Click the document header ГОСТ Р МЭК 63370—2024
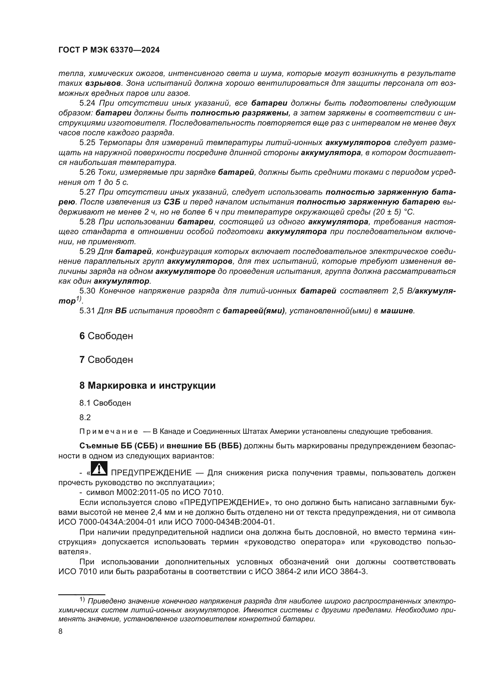[x=109, y=50]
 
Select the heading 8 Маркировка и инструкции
[x=147, y=386]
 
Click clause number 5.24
[x=87, y=103]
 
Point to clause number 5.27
[x=87, y=192]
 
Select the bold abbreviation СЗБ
[x=172, y=202]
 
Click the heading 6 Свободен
[x=106, y=336]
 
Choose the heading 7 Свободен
[x=106, y=360]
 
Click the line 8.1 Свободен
[x=105, y=403]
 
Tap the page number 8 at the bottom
[x=61, y=631]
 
